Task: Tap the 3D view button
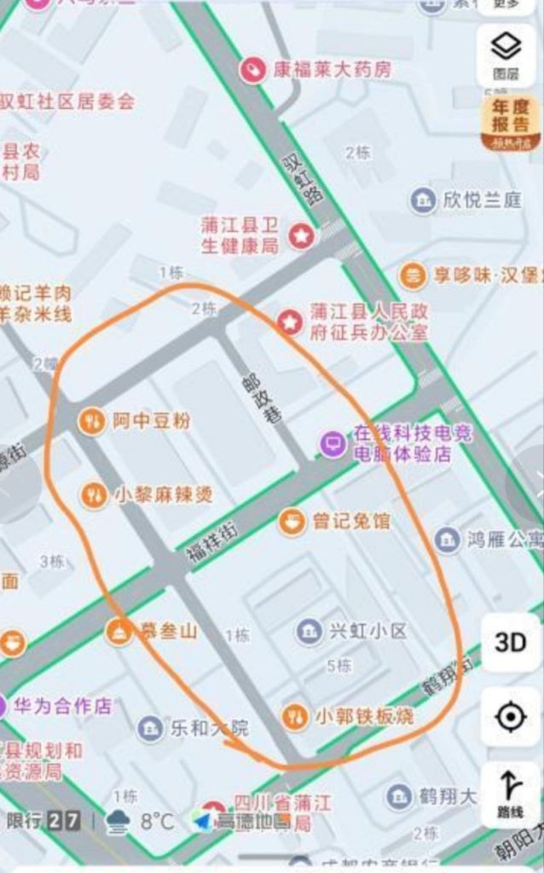click(x=510, y=642)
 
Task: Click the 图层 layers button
click(x=506, y=53)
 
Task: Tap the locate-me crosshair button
click(x=510, y=718)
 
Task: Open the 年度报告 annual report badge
click(x=511, y=123)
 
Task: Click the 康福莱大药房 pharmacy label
click(x=332, y=69)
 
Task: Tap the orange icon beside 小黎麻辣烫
click(x=93, y=494)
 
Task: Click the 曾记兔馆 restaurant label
click(x=350, y=520)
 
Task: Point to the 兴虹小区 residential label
click(x=367, y=631)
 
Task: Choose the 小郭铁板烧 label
click(x=364, y=716)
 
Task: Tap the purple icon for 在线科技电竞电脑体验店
click(x=333, y=443)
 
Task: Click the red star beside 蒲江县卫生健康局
click(x=299, y=235)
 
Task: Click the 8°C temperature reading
click(x=157, y=822)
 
